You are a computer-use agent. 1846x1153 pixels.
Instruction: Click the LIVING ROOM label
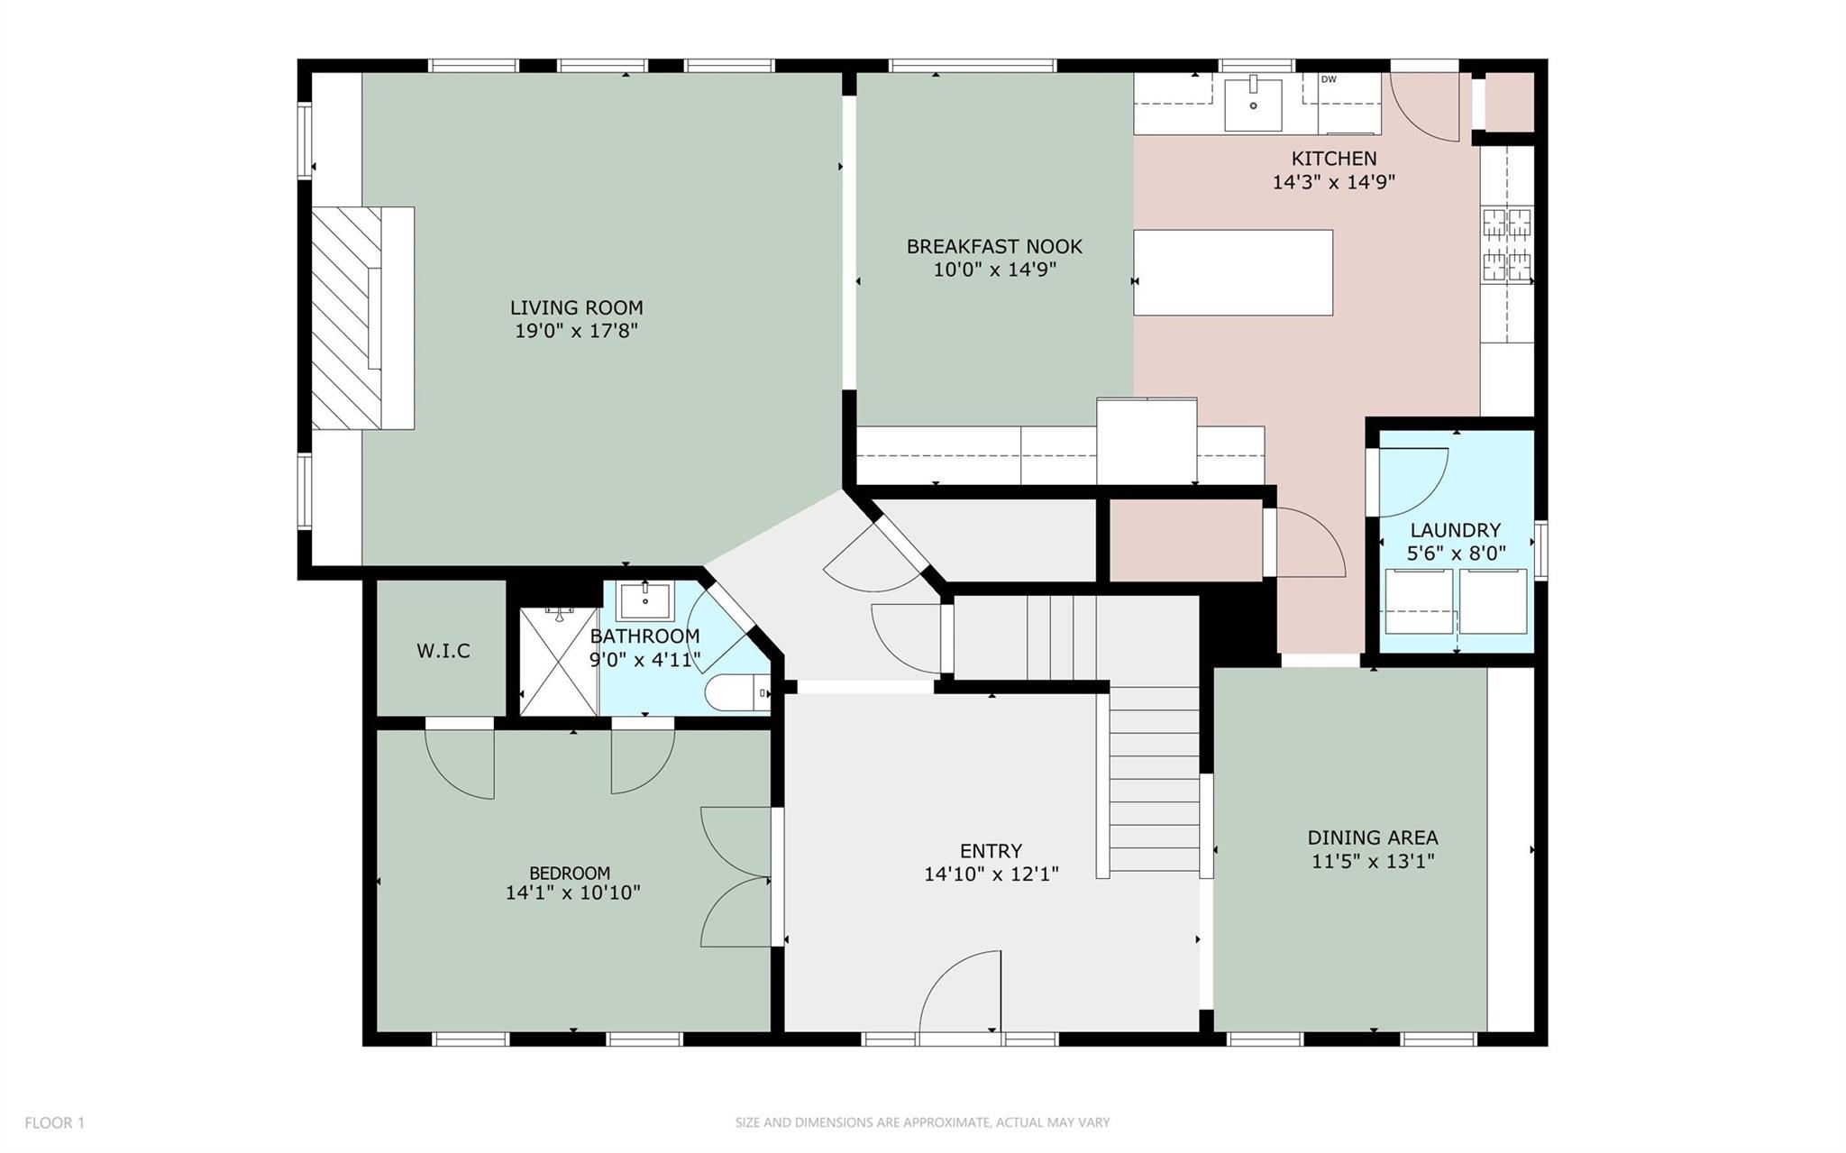[576, 307]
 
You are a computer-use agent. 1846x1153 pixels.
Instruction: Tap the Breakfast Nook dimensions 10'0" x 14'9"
[994, 270]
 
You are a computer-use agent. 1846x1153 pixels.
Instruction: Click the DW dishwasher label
[1328, 79]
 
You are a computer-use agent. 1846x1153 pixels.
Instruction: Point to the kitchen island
[1232, 272]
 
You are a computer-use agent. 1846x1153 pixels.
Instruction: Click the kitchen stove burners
[1507, 243]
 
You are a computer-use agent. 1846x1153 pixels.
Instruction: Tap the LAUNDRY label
[1455, 530]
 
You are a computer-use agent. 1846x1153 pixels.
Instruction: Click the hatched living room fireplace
[347, 317]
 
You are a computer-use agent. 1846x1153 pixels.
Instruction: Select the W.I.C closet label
[443, 651]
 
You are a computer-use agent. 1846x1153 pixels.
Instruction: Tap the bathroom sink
[644, 599]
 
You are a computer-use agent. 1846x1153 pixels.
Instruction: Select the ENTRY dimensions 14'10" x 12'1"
[991, 874]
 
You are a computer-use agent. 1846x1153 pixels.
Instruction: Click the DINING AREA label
[1372, 837]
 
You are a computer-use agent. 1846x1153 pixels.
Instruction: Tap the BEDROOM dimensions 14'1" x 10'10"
[572, 892]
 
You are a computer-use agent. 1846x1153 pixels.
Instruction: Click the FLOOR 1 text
[54, 1122]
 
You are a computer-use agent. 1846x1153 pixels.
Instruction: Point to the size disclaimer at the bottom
[922, 1122]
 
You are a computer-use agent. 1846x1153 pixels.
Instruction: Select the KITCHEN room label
[1333, 159]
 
